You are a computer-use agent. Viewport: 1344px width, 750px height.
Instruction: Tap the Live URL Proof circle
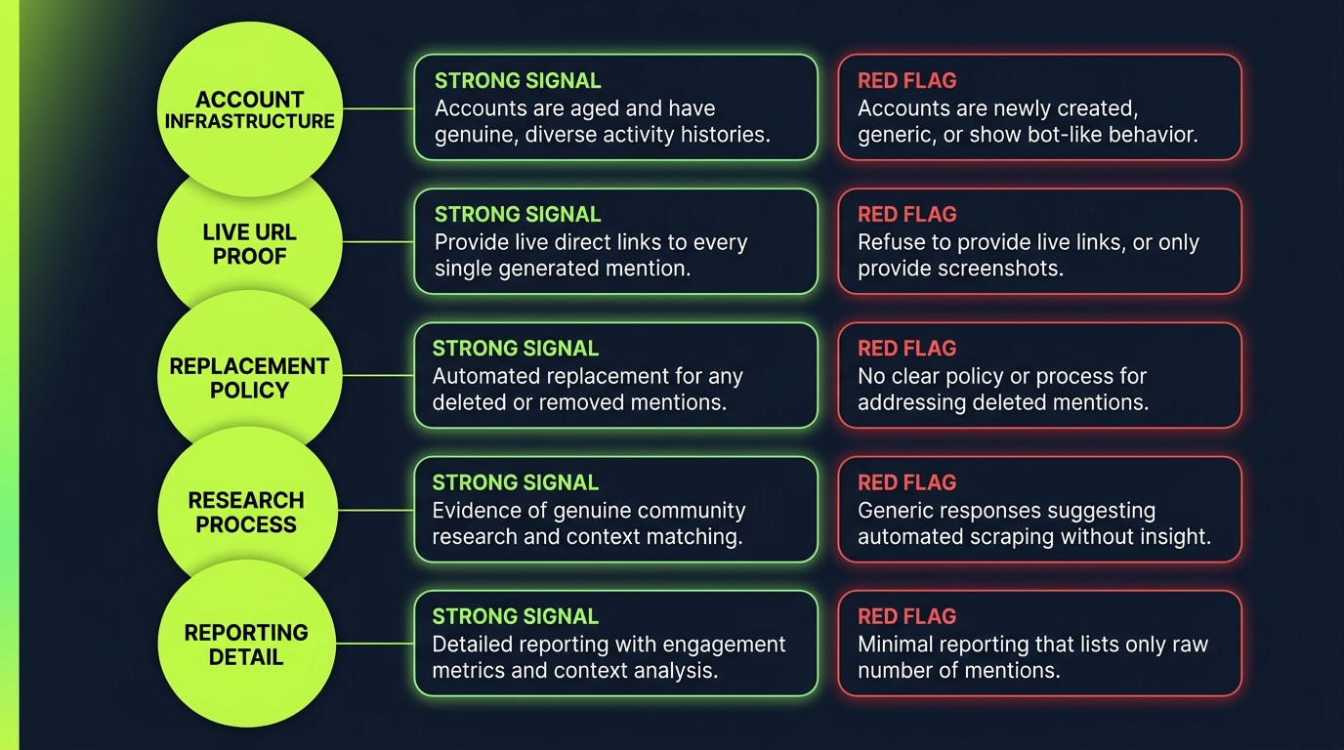pos(250,243)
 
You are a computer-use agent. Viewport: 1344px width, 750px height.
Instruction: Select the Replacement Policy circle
pos(250,377)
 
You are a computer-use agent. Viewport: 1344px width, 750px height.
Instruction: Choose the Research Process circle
pos(246,511)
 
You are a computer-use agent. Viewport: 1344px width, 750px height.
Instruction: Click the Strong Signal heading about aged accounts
pos(518,81)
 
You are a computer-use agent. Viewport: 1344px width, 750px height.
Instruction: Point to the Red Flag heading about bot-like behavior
pos(906,81)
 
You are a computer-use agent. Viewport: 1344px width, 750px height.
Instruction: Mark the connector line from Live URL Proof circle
pos(378,242)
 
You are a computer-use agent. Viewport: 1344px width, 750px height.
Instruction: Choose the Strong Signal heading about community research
pos(516,482)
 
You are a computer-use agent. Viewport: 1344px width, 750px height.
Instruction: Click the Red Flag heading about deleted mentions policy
pos(906,349)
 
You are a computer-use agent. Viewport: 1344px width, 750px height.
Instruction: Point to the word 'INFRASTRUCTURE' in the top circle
pos(250,122)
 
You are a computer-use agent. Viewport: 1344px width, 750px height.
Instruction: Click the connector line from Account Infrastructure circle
pos(378,108)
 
